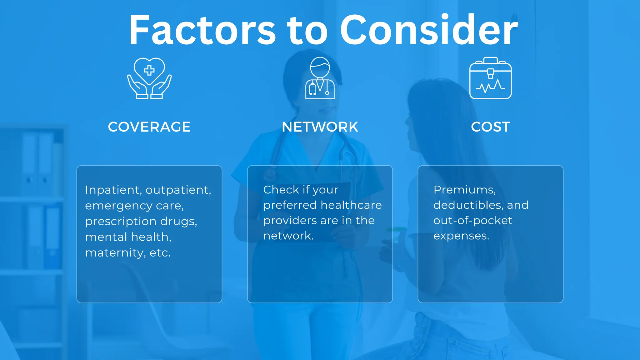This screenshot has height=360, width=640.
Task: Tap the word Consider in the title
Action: (x=429, y=30)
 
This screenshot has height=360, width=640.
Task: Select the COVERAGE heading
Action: (x=149, y=127)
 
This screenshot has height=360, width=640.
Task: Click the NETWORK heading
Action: (x=320, y=127)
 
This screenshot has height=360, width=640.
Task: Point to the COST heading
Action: (x=490, y=127)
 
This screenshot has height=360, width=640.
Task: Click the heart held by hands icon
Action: (x=149, y=78)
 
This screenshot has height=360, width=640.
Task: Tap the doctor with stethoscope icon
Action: (x=320, y=78)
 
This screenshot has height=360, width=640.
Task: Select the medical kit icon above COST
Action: (x=490, y=78)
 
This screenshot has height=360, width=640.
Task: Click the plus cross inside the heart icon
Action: (x=149, y=70)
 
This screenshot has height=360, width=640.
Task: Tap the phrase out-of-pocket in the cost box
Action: (x=472, y=221)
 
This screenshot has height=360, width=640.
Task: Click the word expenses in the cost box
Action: (x=461, y=236)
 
